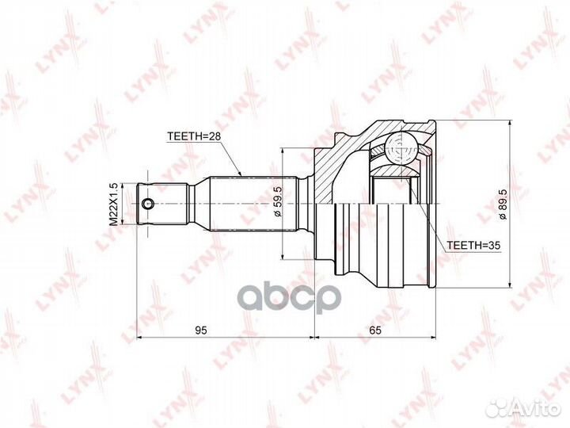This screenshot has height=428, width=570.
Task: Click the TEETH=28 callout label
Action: coord(194,136)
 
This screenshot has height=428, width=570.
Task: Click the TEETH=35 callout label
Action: coord(473,245)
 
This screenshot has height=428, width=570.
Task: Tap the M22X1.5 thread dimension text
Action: coord(114,204)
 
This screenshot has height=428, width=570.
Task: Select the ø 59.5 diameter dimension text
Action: coord(277,201)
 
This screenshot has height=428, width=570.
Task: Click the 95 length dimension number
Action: coord(200,330)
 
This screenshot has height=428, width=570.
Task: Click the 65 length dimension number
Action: coord(375,330)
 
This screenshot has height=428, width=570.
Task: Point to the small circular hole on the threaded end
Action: coord(148,204)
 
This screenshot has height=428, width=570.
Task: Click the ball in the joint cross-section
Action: coord(400,150)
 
